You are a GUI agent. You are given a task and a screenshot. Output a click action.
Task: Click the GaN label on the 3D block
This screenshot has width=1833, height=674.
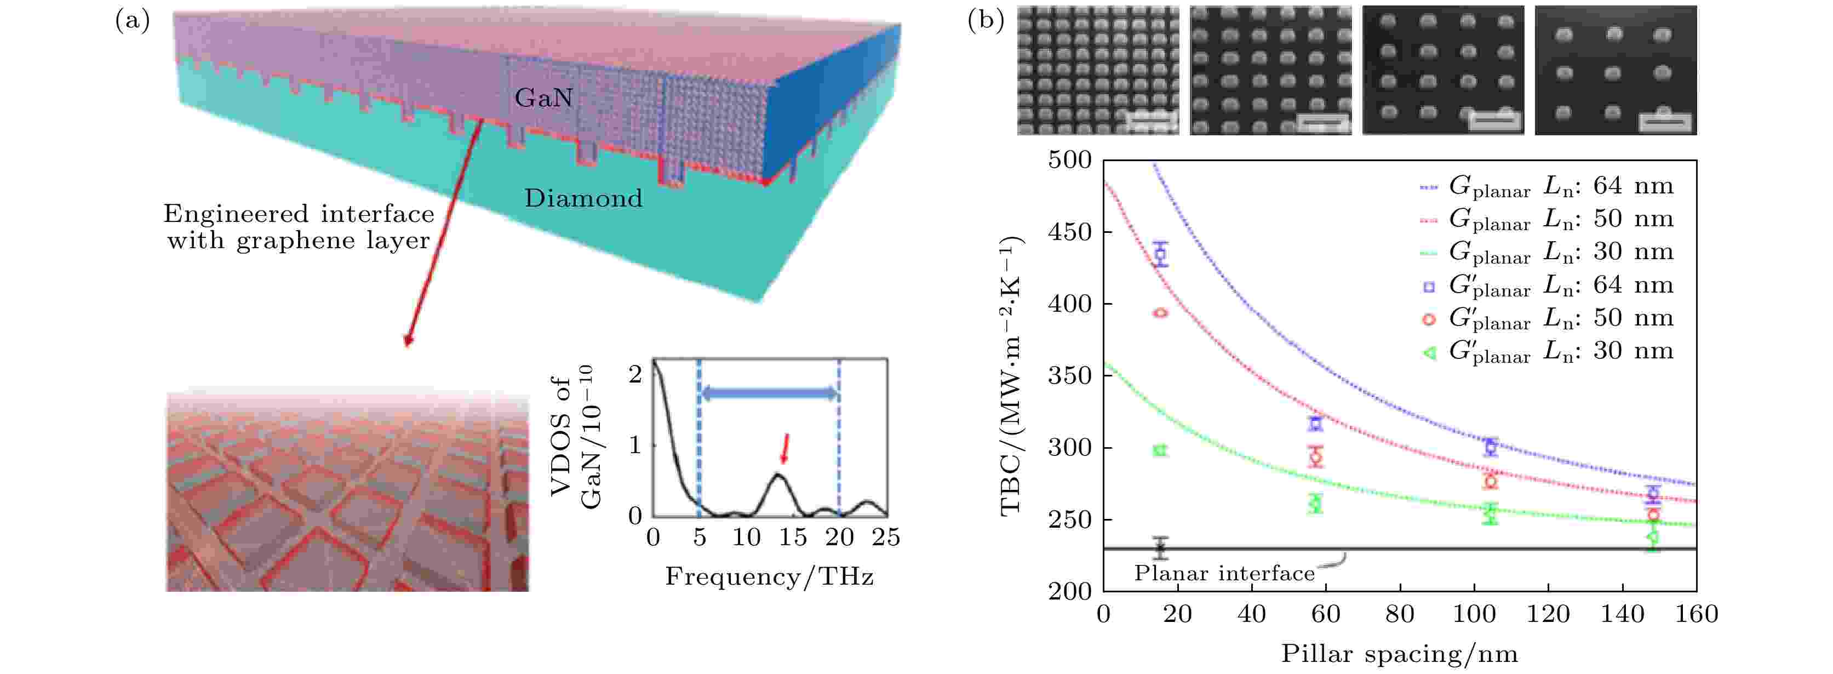coord(543,98)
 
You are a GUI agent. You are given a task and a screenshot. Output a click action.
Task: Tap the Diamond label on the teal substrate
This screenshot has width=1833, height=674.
coord(583,198)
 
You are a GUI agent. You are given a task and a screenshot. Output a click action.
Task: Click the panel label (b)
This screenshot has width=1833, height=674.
coord(986,20)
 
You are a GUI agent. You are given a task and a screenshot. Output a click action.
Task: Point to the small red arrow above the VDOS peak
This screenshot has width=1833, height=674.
coord(785,448)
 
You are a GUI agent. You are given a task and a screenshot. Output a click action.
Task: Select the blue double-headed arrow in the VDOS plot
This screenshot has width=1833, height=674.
coord(769,393)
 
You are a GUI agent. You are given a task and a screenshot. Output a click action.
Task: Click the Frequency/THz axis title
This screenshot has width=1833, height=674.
coord(769,576)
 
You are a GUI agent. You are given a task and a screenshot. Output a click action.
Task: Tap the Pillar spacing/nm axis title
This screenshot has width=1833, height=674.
coord(1399,653)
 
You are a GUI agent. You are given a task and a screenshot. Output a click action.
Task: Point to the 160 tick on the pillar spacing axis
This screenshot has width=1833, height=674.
coord(1697,614)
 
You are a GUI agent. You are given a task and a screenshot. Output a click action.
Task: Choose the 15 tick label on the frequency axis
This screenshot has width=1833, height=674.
coord(793,538)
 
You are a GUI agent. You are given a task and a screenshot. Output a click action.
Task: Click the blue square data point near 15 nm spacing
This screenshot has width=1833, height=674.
coord(1161,254)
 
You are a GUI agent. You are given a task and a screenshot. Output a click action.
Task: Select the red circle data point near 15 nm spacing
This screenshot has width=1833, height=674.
coord(1161,312)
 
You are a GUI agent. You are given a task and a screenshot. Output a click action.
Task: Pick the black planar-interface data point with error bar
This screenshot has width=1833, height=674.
coord(1161,547)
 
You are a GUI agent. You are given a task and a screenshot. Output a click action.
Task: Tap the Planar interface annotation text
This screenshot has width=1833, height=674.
coord(1224,573)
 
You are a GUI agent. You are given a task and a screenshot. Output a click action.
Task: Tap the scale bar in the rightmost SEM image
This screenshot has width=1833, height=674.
coord(1665,122)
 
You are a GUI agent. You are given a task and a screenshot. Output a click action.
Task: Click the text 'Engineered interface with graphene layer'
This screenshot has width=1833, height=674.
coord(299,227)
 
